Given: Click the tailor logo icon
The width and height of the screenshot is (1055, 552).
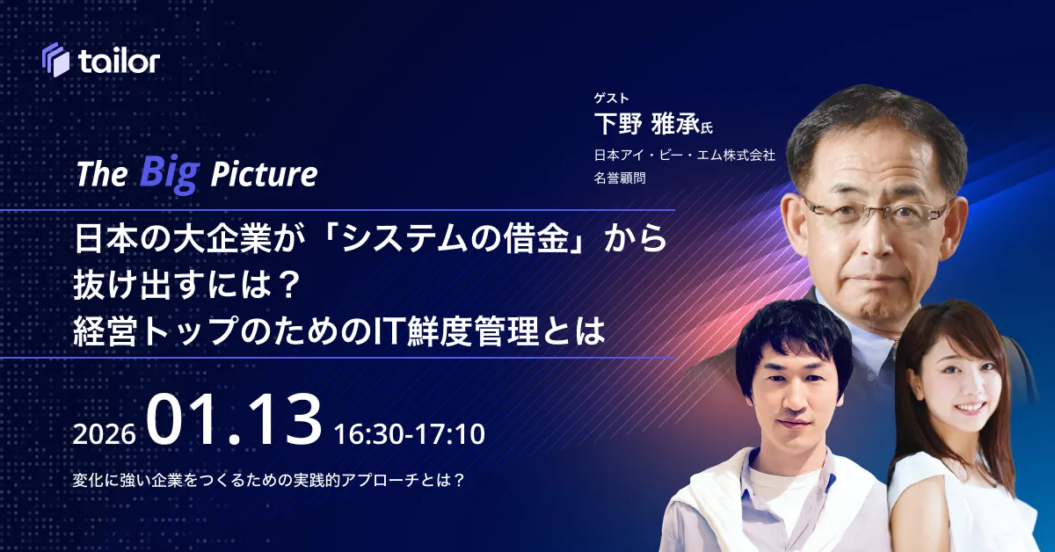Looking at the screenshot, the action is pos(55,60).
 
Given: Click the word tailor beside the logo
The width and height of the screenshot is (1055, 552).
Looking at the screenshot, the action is pos(120,62).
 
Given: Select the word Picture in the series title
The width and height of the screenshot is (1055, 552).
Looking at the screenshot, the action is pos(264,174).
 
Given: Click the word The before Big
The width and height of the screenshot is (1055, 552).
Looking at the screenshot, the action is pos(102,174).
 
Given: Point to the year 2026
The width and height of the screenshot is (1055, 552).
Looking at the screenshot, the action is pos(104,434).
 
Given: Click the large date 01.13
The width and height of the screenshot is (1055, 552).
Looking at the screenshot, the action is pos(234,419).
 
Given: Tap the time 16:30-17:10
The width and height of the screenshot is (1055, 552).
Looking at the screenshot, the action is pos(410,434).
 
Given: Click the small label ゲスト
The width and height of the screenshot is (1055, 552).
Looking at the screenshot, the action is pos(611,98).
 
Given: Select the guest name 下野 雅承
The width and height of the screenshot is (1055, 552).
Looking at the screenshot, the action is pos(647,124).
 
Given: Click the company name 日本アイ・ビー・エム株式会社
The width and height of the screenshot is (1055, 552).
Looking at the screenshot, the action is pos(684,155).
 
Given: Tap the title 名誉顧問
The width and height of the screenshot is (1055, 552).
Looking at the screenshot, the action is pos(620,178).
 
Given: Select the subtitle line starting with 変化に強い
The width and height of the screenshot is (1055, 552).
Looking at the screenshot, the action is pos(268,480).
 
